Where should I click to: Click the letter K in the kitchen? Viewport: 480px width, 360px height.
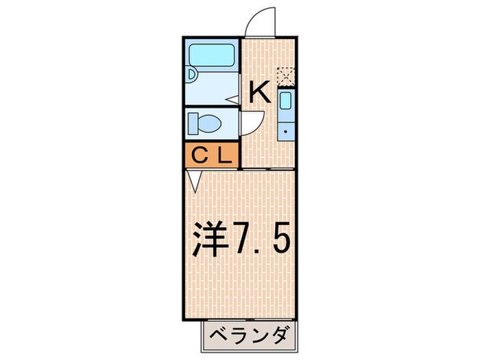pos(260,92)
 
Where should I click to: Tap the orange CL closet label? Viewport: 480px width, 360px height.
pos(210,154)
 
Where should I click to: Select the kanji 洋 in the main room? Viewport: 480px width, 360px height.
pos(208,239)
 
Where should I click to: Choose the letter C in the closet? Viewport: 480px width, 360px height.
pos(200,154)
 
